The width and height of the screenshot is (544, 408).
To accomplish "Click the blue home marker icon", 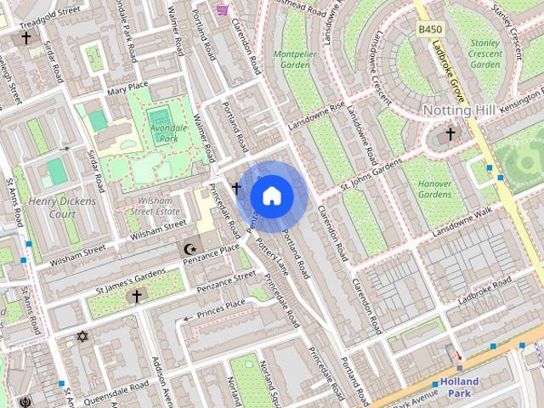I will pos(271,196).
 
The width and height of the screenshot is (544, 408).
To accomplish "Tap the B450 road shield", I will pos(430,30).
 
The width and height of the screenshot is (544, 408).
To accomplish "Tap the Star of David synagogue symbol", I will pos(82,337).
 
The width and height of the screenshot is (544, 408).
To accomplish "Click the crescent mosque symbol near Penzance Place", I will pos(190,249).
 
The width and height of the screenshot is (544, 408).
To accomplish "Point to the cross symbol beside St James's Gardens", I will pos(136,296).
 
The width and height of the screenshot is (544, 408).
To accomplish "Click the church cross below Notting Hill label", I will pos(450,133).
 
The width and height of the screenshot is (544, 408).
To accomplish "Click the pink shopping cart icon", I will pos(222,9).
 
